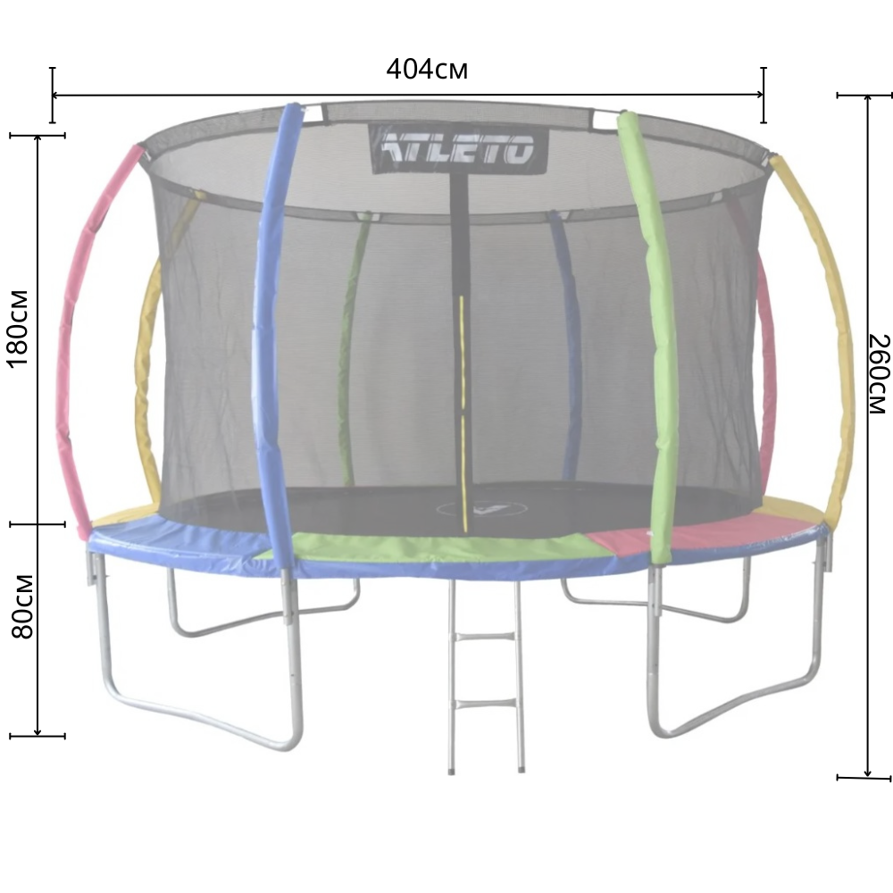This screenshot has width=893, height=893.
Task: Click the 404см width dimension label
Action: (427, 70)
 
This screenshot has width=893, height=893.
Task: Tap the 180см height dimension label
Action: (19, 330)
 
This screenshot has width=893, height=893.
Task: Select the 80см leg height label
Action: (22, 606)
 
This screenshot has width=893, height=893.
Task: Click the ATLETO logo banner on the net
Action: (460, 148)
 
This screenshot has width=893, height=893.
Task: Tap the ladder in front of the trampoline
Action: (486, 675)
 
